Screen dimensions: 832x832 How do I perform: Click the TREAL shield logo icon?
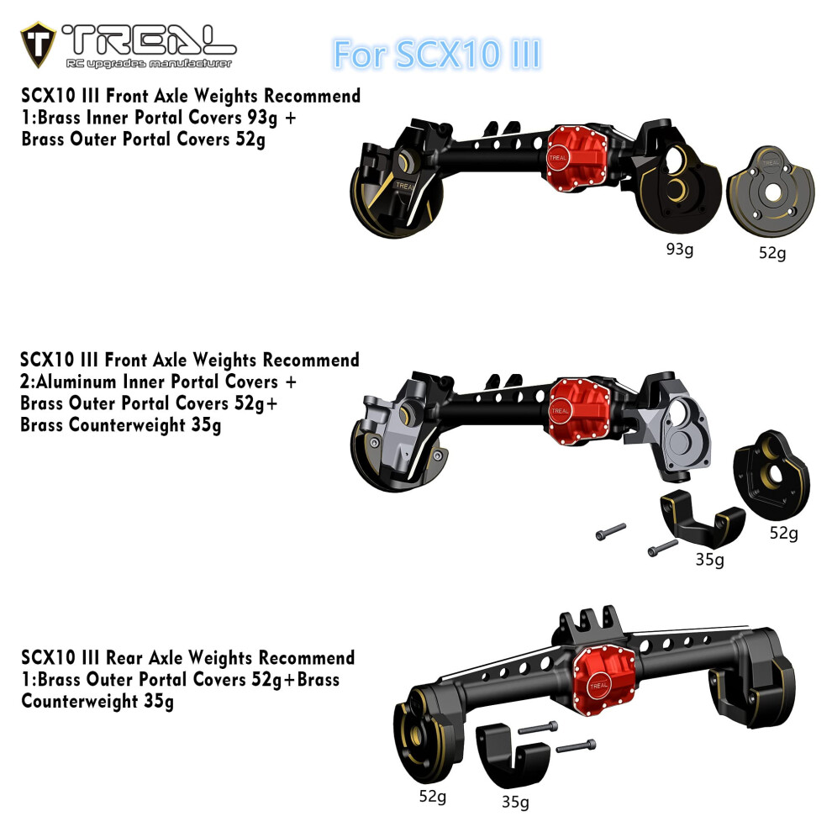point(38,45)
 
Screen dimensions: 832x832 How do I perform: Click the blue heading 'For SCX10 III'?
point(437,55)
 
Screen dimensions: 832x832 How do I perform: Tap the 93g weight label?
point(680,249)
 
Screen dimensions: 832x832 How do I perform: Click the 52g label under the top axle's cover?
point(772,253)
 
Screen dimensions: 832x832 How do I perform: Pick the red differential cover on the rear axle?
point(604,681)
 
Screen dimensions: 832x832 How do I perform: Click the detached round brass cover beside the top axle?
point(771,191)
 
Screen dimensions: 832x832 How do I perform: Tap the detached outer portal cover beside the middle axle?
point(772,476)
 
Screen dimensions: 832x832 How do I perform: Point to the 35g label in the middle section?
point(709,560)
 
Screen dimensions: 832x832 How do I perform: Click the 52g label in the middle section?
point(784,533)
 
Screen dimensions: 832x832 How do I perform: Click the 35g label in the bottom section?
point(515,802)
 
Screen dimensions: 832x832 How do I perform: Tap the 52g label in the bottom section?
point(433,797)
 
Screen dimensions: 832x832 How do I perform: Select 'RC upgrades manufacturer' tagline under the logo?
point(149,64)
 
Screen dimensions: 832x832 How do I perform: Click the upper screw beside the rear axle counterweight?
point(538,728)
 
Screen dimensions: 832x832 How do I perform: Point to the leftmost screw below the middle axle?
point(611,532)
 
